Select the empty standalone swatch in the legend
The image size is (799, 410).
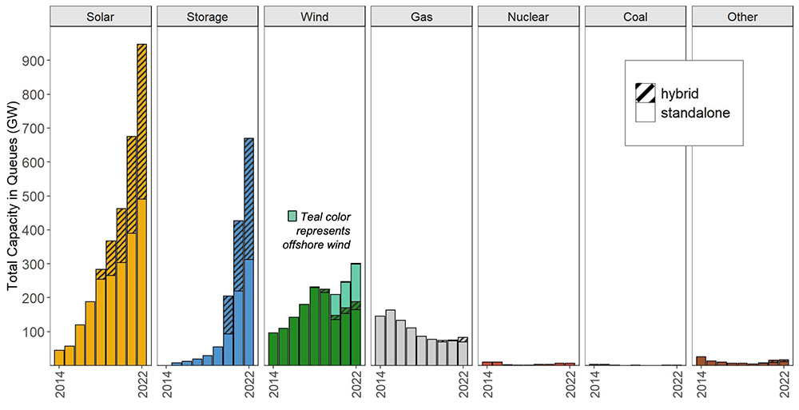646,113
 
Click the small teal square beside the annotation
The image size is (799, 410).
292,216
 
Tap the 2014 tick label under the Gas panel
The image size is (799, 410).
380,387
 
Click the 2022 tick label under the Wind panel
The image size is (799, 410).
356,387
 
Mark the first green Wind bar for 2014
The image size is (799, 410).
273,348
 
